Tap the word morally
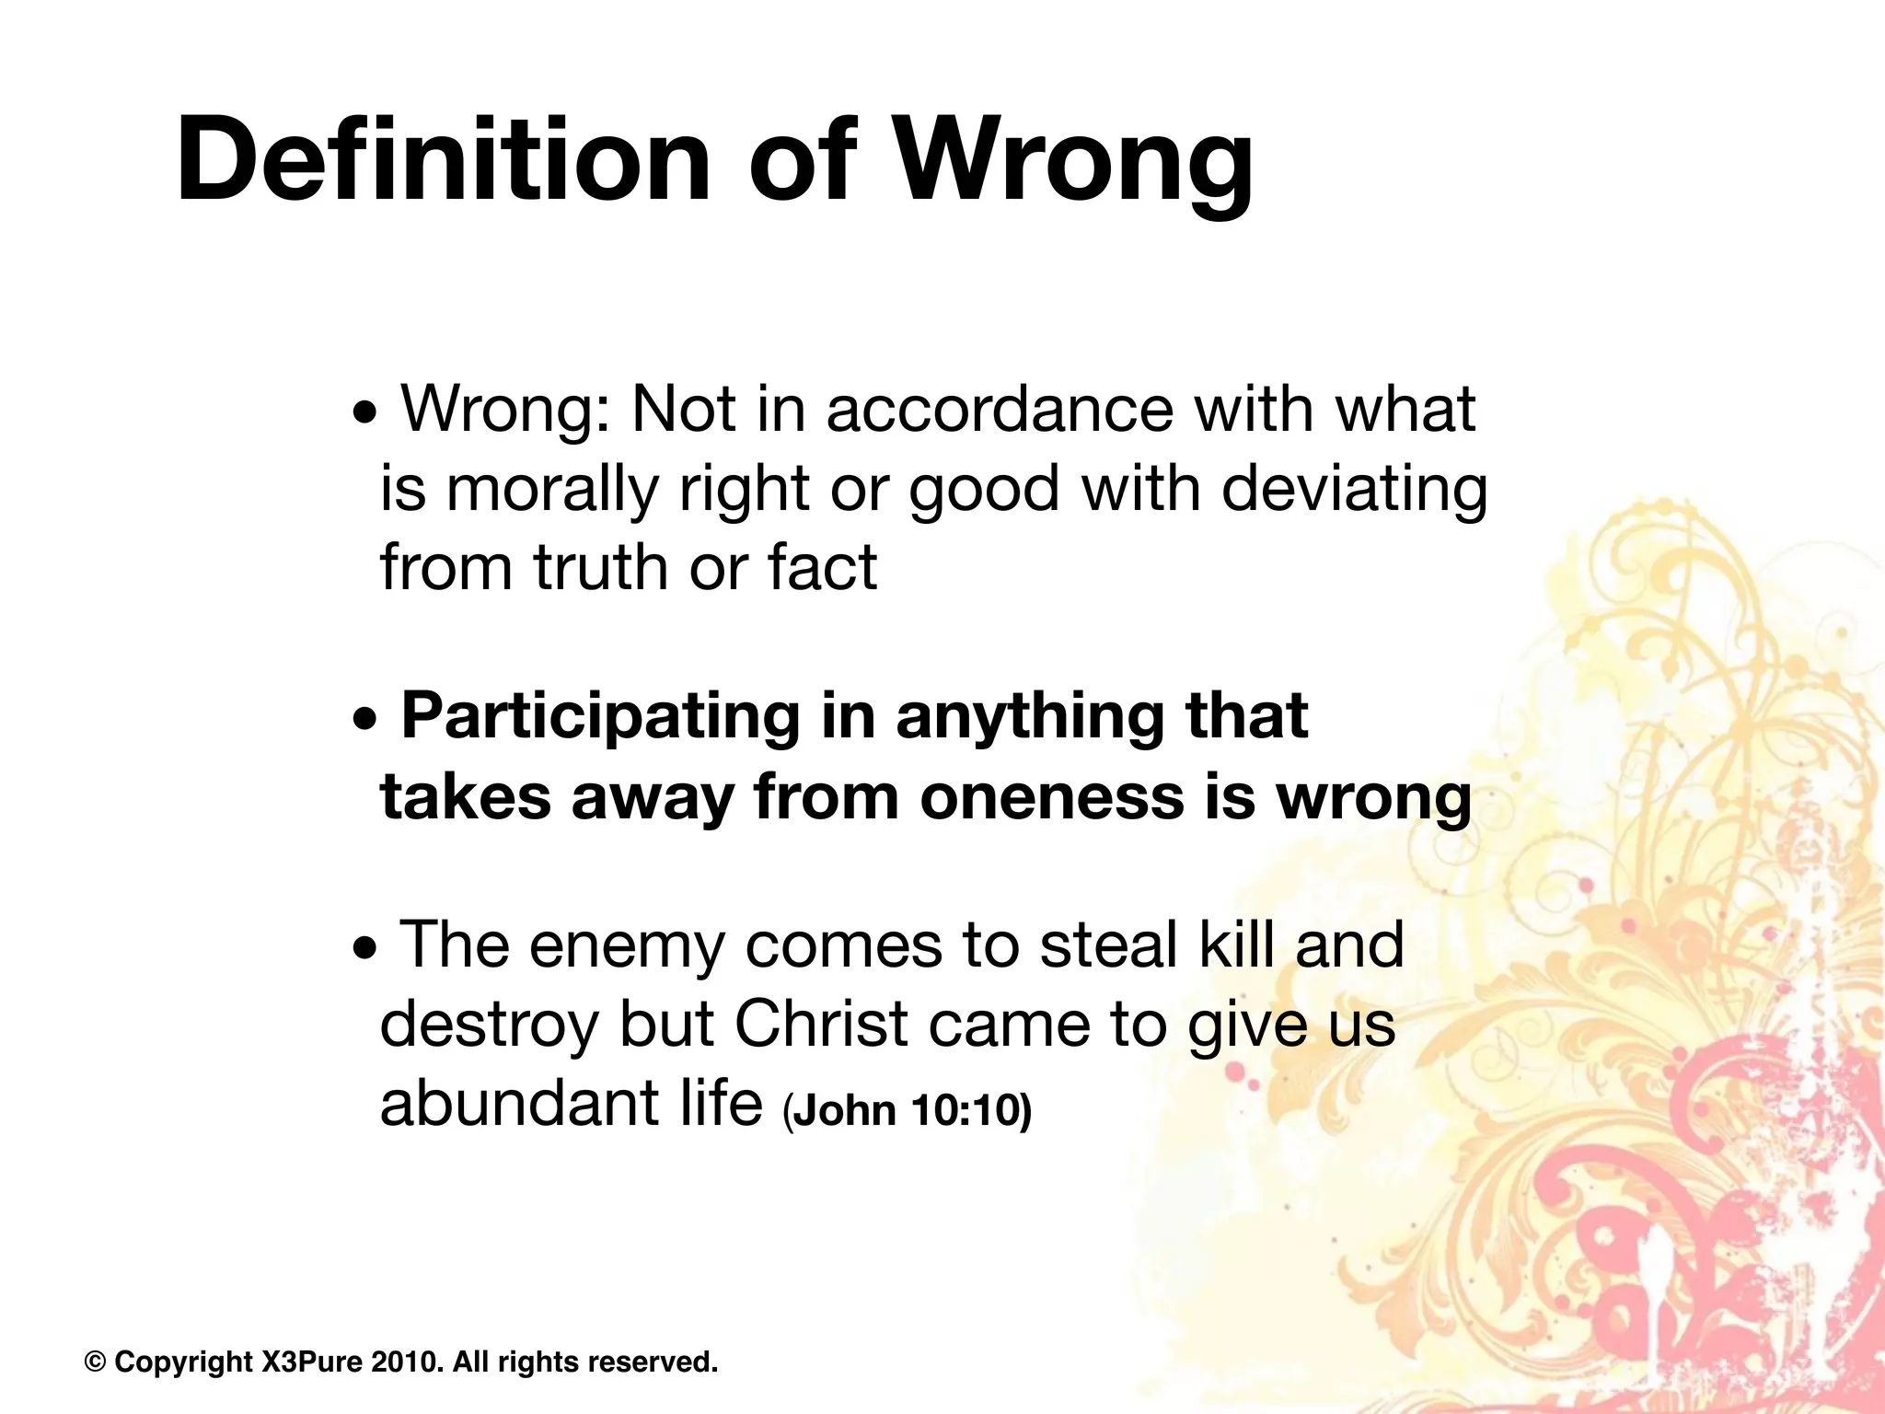551,489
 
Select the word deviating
1354,489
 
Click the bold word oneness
1051,797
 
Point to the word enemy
627,946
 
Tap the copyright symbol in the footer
95,1362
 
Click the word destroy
489,1026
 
